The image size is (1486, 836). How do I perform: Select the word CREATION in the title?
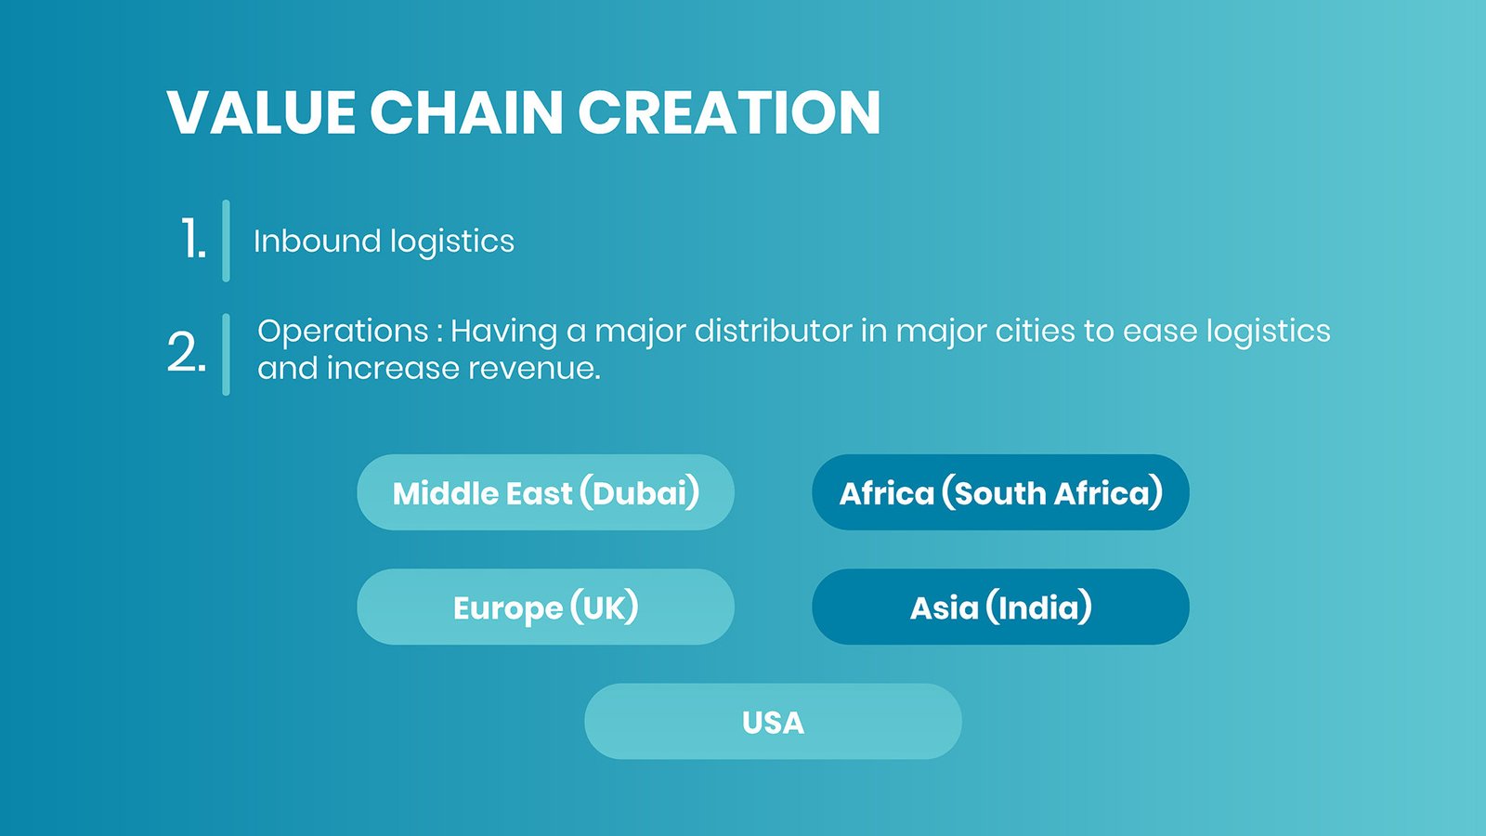(x=729, y=112)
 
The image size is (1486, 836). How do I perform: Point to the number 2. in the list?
(x=187, y=352)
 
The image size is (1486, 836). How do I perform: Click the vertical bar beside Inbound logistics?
(x=227, y=241)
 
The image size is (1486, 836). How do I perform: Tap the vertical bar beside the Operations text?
(x=227, y=354)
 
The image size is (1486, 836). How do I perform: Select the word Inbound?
(x=317, y=241)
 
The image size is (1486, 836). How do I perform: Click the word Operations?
(x=343, y=332)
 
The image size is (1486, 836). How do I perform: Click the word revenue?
(x=534, y=368)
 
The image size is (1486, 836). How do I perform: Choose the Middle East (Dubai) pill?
(x=545, y=492)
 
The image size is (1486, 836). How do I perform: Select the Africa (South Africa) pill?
(x=1000, y=492)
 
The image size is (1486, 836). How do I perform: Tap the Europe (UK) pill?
(x=545, y=607)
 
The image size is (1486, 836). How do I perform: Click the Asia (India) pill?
(x=1000, y=607)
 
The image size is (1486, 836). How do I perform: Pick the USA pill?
(x=773, y=721)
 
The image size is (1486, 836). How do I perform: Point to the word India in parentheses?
(x=1039, y=607)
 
